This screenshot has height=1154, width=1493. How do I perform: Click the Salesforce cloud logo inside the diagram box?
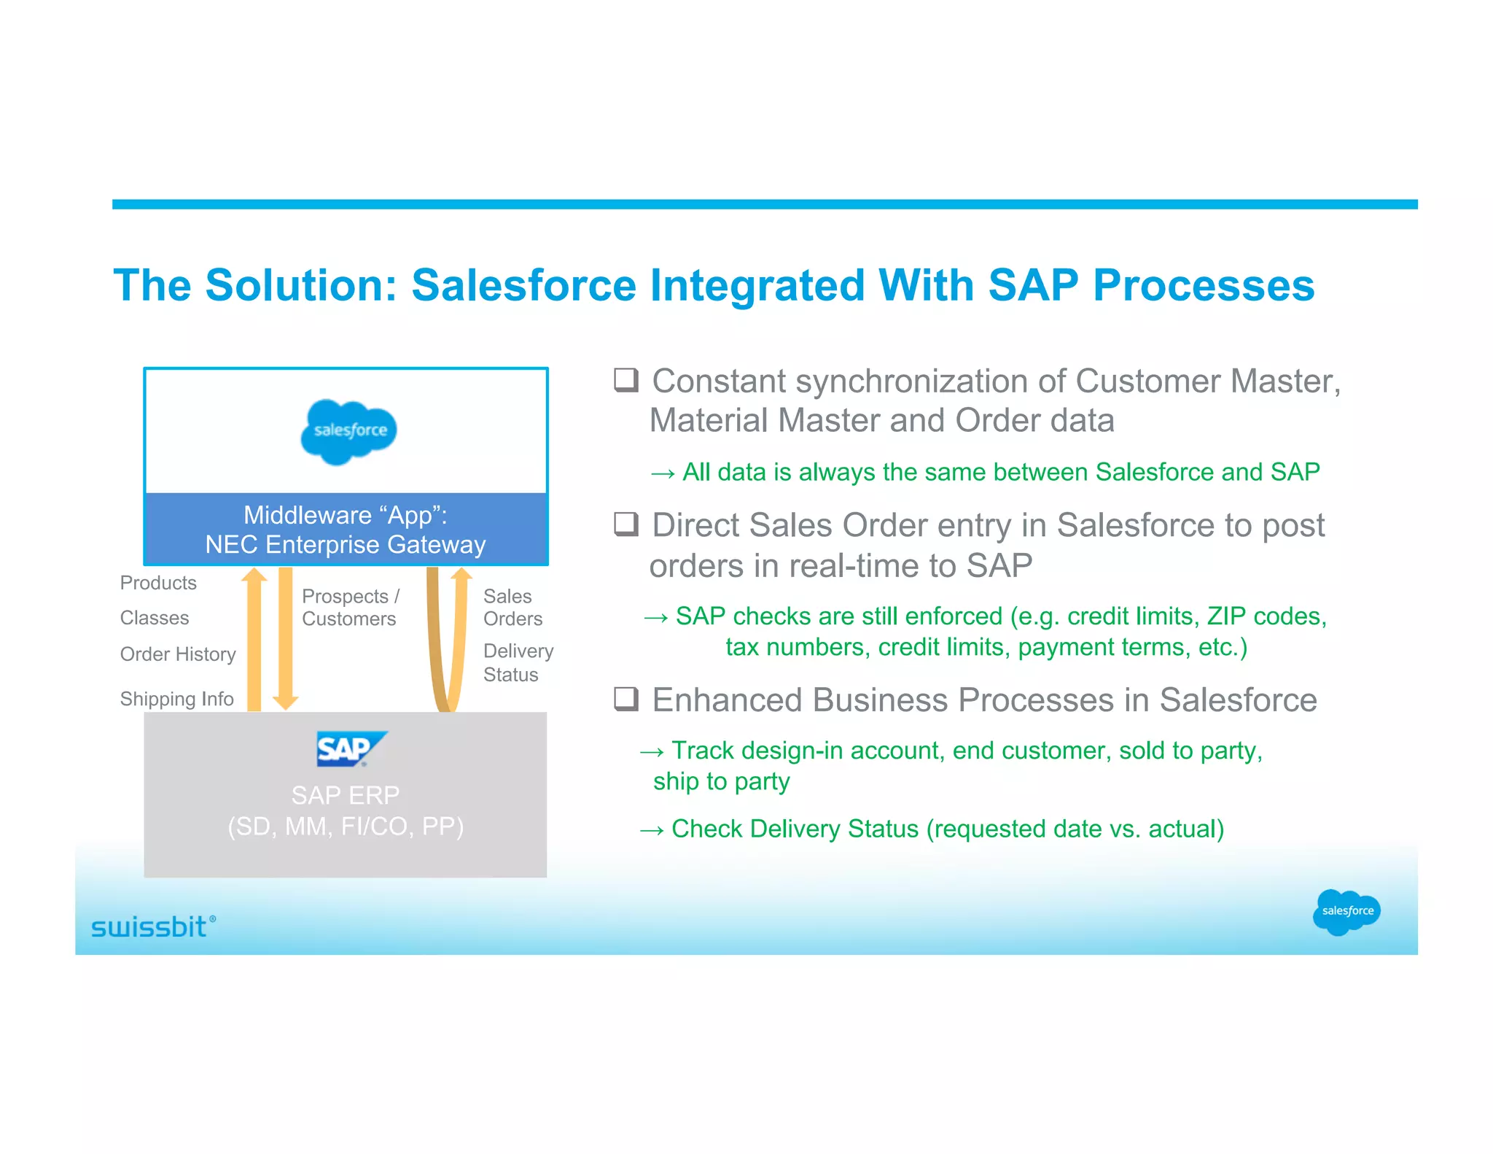pyautogui.click(x=348, y=431)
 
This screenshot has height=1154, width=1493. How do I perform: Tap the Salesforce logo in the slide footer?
pyautogui.click(x=1346, y=911)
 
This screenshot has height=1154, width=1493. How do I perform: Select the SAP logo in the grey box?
pyautogui.click(x=351, y=748)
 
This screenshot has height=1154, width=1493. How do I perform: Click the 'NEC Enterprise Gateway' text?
pyautogui.click(x=345, y=545)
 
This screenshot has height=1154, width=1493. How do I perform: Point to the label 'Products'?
pyautogui.click(x=158, y=583)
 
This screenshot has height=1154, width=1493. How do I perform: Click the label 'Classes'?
pyautogui.click(x=155, y=618)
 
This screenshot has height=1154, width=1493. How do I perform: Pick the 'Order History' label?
pyautogui.click(x=178, y=654)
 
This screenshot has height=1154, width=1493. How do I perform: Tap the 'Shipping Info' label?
pyautogui.click(x=176, y=699)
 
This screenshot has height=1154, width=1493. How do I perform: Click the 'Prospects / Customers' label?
pyautogui.click(x=350, y=608)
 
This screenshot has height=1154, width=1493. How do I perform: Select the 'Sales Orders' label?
pyautogui.click(x=512, y=608)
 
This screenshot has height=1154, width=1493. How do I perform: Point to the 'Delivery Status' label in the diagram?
pyautogui.click(x=518, y=662)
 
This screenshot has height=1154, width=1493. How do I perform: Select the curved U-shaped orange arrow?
pyautogui.click(x=445, y=642)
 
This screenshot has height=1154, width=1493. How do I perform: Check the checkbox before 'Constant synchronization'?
pyautogui.click(x=625, y=380)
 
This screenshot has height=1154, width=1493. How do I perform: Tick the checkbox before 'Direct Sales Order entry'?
pyautogui.click(x=625, y=524)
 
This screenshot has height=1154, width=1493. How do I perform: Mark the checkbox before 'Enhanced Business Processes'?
pyautogui.click(x=625, y=699)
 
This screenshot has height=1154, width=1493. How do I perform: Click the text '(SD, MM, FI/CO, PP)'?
pyautogui.click(x=346, y=826)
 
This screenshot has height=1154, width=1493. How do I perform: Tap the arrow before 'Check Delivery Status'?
pyautogui.click(x=651, y=830)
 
